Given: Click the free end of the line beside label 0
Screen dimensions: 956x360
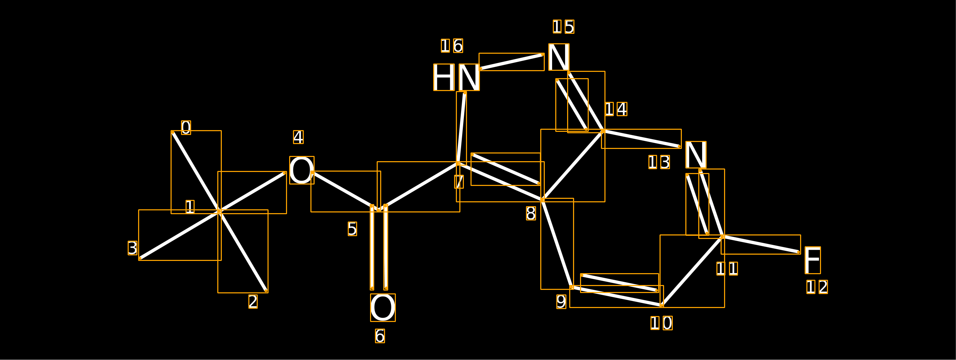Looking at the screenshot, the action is pyautogui.click(x=173, y=132).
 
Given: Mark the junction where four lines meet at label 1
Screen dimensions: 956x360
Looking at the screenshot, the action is pyautogui.click(x=220, y=211).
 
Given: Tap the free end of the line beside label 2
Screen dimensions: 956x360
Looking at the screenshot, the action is pyautogui.click(x=266, y=291).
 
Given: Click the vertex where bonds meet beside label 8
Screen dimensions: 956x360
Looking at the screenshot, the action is pyautogui.click(x=543, y=200).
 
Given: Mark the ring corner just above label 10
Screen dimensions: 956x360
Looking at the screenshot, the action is pyautogui.click(x=662, y=306).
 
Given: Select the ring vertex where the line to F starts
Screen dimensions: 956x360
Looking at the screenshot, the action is pyautogui.click(x=723, y=237).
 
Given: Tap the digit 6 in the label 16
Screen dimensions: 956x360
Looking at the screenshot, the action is pyautogui.click(x=458, y=46).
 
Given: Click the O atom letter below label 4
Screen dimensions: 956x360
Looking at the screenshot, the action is pyautogui.click(x=302, y=170).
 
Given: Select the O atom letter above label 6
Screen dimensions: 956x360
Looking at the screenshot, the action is pyautogui.click(x=383, y=308).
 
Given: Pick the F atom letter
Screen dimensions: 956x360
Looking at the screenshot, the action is pyautogui.click(x=813, y=260).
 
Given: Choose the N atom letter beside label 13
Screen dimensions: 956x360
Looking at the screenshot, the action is pyautogui.click(x=696, y=155).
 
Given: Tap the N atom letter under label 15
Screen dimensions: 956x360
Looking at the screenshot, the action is pyautogui.click(x=559, y=57).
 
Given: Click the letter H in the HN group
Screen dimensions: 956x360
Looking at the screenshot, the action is pyautogui.click(x=444, y=77).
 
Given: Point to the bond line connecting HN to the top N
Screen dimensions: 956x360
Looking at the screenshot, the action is pyautogui.click(x=512, y=62).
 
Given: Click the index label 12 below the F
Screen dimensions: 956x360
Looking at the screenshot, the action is pyautogui.click(x=817, y=287).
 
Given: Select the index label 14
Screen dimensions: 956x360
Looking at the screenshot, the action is pyautogui.click(x=616, y=109).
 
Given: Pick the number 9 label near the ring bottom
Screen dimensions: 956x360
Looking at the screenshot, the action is pyautogui.click(x=562, y=302).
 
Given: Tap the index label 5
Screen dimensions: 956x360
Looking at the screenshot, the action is pyautogui.click(x=353, y=229).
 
